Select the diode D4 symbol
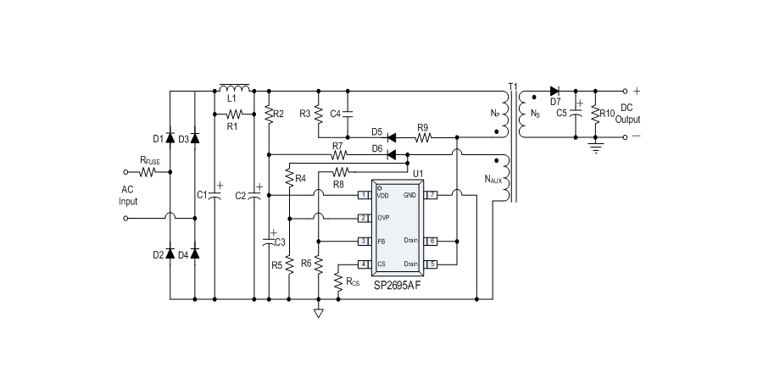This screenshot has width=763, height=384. (195, 253)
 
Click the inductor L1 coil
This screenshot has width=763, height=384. (234, 88)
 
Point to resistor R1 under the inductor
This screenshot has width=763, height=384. (234, 113)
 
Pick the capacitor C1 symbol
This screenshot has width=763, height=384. (214, 195)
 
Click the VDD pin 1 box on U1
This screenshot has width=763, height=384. (363, 195)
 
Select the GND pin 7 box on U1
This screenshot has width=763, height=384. (432, 195)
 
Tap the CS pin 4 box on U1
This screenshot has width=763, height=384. (363, 264)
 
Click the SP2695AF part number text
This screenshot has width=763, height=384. (398, 286)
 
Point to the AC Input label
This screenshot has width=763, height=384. (127, 196)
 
